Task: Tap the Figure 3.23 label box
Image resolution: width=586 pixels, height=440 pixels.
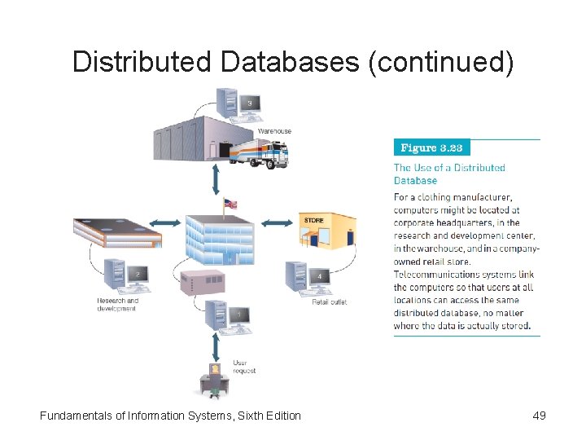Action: click(431, 147)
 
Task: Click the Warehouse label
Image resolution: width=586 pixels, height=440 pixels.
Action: click(274, 131)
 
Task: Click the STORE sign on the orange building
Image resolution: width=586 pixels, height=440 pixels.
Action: click(313, 220)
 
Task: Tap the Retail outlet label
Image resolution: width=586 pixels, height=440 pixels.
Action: click(330, 302)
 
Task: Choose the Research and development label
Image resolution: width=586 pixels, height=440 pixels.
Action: click(118, 304)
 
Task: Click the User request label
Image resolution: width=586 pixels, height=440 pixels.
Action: click(244, 367)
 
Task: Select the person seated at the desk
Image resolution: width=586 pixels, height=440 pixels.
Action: click(214, 380)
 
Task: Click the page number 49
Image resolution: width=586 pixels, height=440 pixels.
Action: click(539, 416)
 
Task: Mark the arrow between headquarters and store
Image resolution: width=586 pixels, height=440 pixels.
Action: click(278, 222)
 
